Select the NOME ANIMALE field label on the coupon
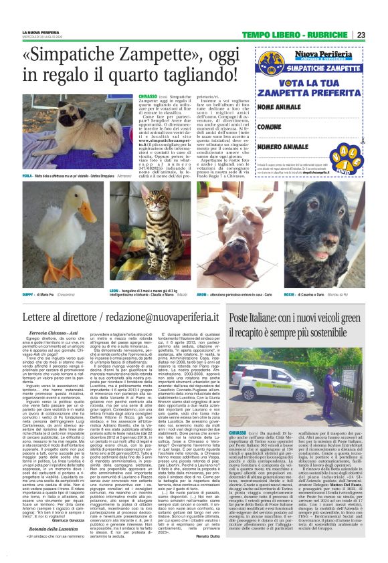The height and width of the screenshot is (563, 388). pyautogui.click(x=277, y=106)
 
